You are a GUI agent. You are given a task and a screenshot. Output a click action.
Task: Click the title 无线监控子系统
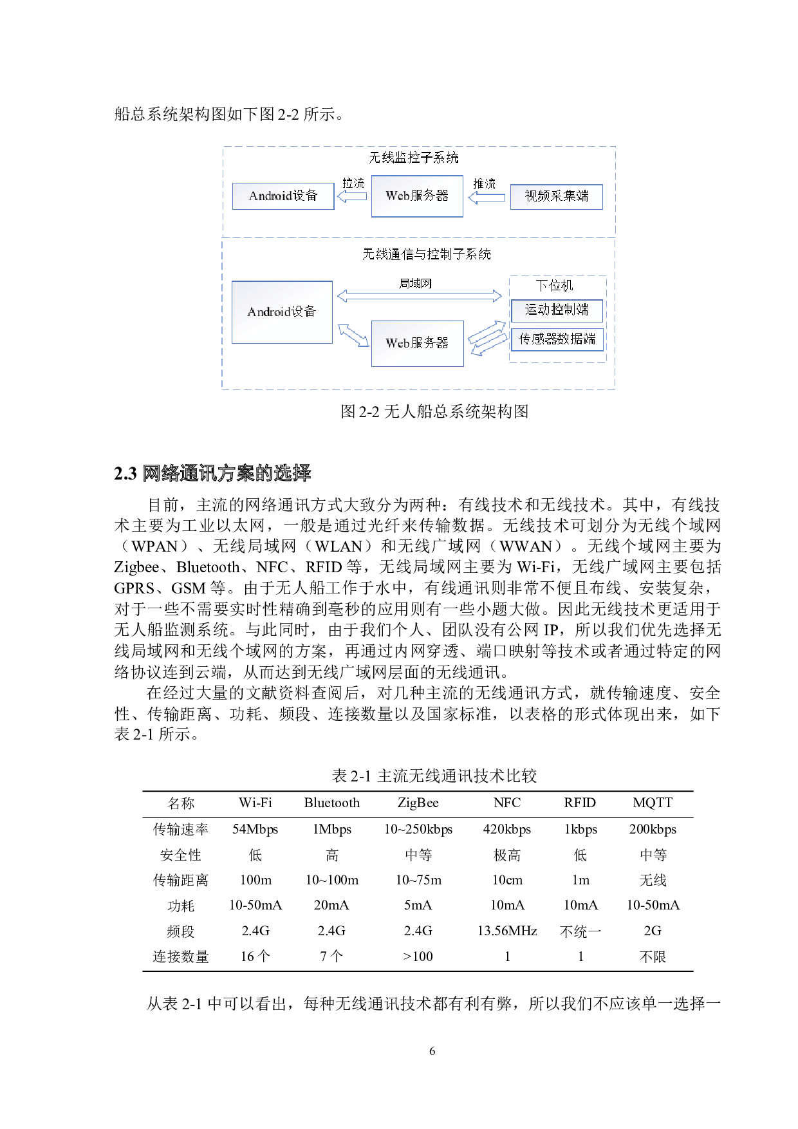413,158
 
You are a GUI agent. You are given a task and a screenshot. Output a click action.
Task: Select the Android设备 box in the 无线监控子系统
283,196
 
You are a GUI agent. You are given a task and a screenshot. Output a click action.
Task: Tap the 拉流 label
353,183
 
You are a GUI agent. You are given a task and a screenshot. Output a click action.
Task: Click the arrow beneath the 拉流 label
351,196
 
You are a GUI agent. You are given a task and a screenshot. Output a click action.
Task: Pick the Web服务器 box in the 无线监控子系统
417,196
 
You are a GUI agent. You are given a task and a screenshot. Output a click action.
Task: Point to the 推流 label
485,183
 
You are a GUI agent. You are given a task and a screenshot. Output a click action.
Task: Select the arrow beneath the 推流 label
486,198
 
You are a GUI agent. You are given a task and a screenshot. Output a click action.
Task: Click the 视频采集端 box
557,196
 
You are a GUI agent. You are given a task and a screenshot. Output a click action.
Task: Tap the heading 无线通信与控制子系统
426,254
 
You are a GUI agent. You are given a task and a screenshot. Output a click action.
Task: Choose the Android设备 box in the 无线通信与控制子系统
282,312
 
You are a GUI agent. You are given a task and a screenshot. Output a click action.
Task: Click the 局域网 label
415,283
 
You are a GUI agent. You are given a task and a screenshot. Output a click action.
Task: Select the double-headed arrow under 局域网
419,295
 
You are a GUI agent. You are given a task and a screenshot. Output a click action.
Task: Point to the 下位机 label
554,285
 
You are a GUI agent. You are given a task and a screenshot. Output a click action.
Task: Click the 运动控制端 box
557,310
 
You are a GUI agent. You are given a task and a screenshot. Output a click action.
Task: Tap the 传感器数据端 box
557,339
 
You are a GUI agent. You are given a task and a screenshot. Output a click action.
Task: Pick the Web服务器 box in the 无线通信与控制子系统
417,343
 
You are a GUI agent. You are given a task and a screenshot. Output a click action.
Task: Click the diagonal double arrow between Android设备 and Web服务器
353,335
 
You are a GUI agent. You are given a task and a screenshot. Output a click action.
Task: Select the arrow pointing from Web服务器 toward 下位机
487,332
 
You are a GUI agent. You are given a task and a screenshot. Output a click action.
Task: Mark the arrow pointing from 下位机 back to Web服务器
490,344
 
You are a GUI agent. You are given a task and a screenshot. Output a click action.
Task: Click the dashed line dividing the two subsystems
418,237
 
